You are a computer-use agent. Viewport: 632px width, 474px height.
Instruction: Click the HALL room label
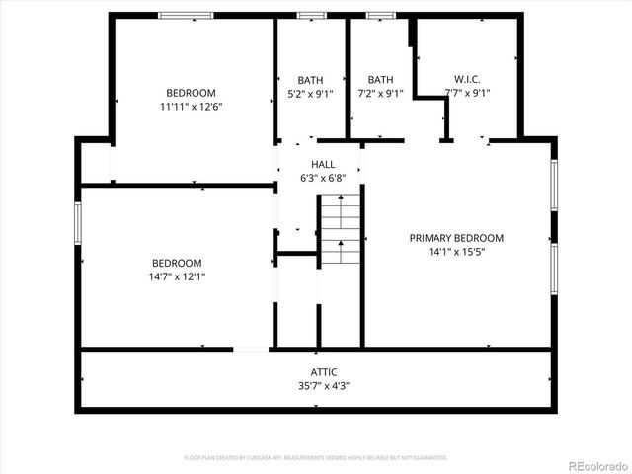click(323, 165)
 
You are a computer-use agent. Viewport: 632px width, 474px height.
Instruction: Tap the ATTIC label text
click(323, 372)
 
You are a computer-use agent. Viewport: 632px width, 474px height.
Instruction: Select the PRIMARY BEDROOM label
click(457, 238)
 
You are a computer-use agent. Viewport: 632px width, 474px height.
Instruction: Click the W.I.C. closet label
click(467, 80)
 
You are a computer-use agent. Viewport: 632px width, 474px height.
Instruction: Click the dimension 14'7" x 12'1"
click(178, 276)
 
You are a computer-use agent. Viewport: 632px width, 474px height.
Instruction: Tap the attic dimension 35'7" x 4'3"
click(323, 385)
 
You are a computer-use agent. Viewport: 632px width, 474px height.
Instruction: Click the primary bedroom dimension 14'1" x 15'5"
click(457, 252)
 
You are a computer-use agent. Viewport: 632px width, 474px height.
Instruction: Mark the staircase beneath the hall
click(340, 229)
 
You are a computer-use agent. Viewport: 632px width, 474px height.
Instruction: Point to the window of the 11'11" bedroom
click(186, 16)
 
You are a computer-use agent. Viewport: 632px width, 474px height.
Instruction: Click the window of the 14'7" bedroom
click(78, 221)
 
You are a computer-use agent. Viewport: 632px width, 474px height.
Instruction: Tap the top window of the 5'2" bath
click(312, 16)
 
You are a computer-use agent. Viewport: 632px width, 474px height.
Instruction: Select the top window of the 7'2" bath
click(380, 16)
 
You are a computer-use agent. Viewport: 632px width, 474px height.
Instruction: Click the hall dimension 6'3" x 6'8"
click(323, 179)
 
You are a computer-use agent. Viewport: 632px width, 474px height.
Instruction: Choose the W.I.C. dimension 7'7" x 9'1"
click(467, 94)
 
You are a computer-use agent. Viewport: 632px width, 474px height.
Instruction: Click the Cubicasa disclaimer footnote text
click(316, 458)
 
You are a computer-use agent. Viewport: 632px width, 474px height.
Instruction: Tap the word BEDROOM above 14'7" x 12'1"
click(178, 263)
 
